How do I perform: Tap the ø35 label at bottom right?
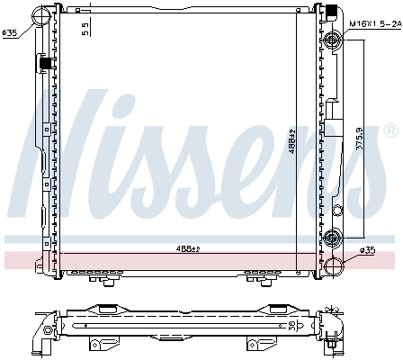click(x=367, y=249)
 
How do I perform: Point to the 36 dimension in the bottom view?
click(x=291, y=324)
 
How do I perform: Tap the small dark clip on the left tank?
click(x=42, y=64)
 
